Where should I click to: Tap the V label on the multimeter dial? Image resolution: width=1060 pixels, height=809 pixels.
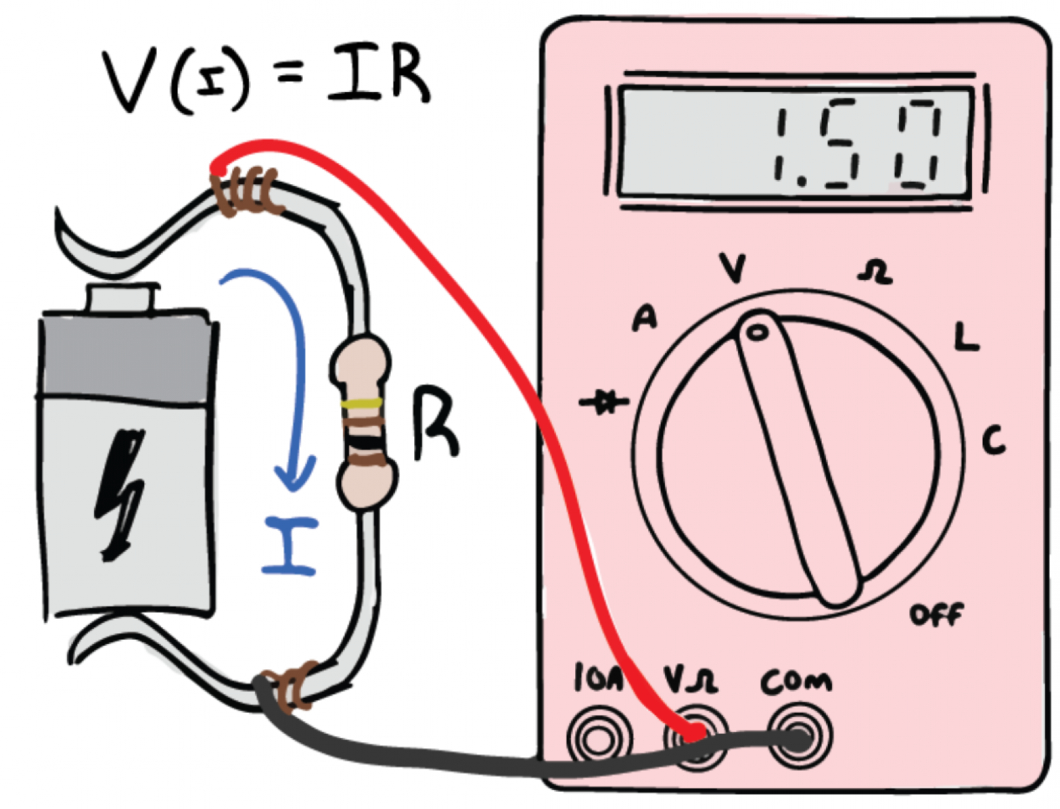point(733,268)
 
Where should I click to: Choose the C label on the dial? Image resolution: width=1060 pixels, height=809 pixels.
point(993,440)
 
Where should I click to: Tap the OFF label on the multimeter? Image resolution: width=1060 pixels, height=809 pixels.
point(935,615)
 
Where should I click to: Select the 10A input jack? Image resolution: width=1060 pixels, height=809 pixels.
point(598,737)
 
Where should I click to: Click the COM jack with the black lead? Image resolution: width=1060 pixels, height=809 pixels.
point(800,737)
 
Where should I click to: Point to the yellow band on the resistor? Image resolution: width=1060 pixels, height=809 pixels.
point(362,403)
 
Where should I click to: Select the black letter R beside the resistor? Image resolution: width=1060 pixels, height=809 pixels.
point(434,424)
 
